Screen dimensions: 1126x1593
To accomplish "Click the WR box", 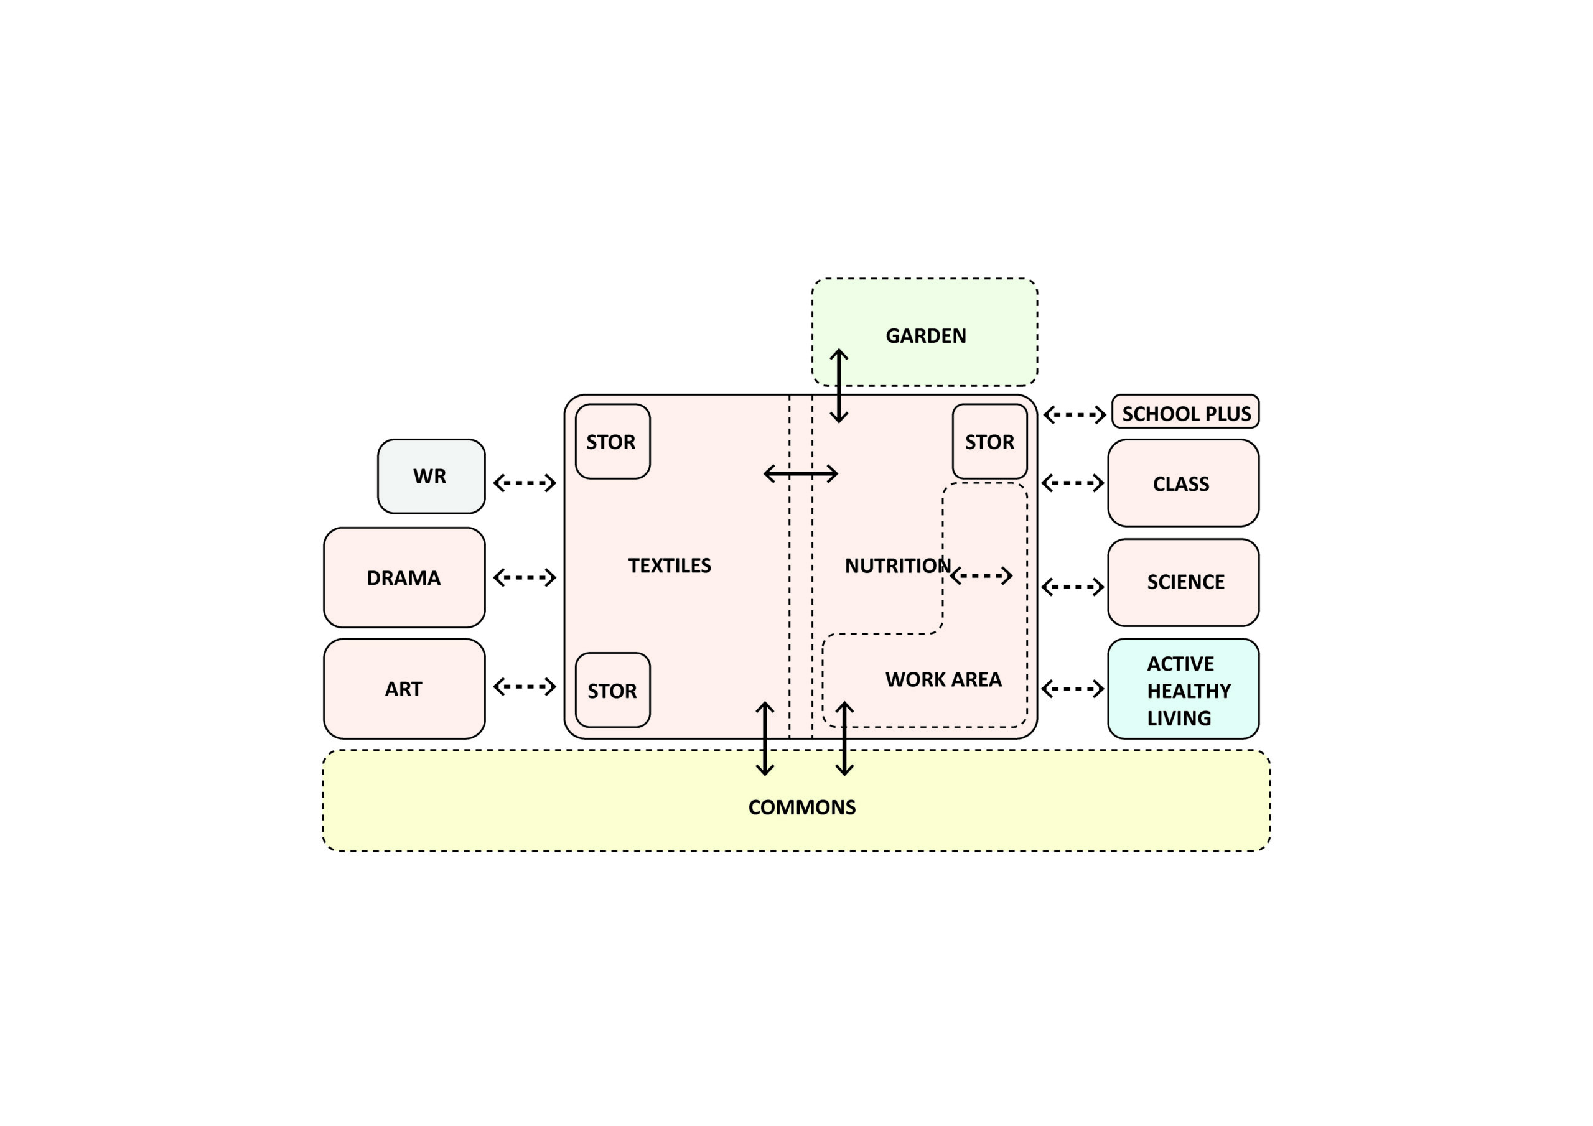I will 431,476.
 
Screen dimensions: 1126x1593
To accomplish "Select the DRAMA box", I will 404,577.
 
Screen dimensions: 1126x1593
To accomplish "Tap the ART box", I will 404,688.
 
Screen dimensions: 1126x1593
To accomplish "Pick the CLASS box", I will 1182,483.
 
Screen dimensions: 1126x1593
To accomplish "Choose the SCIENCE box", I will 1182,582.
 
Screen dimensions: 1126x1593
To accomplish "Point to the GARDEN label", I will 925,336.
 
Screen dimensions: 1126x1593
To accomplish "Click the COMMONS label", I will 801,807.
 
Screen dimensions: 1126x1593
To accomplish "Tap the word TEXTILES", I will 670,565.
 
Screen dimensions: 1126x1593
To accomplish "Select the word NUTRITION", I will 897,565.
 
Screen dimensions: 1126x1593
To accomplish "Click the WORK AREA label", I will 943,679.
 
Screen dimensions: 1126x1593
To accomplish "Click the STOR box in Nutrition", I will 989,442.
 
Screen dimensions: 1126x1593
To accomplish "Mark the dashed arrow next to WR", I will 525,482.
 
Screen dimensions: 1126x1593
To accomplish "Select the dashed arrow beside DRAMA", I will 525,577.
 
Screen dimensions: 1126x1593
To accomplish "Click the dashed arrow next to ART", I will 525,687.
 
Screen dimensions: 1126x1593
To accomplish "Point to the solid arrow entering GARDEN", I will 839,386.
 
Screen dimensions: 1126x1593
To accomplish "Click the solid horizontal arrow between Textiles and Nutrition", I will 801,474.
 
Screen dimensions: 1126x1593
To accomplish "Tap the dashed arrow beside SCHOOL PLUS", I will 1074,415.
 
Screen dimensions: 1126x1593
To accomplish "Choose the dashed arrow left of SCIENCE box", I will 1073,587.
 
